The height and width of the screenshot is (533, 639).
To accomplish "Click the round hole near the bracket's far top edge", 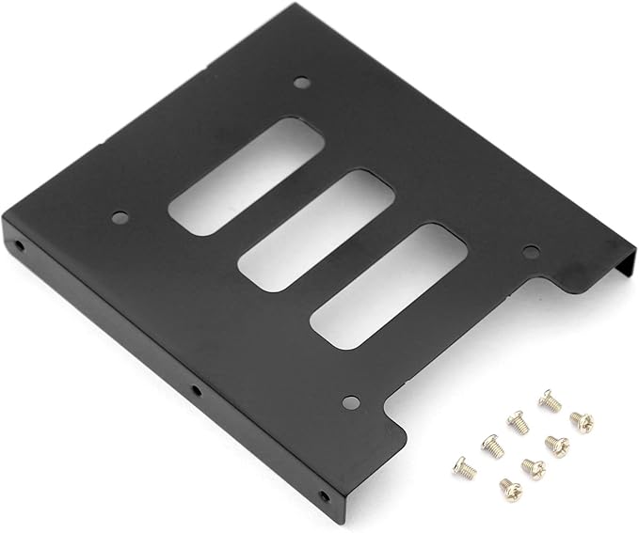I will tap(300, 83).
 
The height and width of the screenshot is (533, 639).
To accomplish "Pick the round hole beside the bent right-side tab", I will tap(530, 252).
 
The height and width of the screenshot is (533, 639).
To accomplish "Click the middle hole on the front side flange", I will tap(194, 389).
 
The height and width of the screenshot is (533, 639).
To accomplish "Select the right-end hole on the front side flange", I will tap(325, 495).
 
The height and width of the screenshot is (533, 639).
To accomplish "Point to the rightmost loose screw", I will tap(581, 422).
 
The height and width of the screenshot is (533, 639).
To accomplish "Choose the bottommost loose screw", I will tap(506, 488).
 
